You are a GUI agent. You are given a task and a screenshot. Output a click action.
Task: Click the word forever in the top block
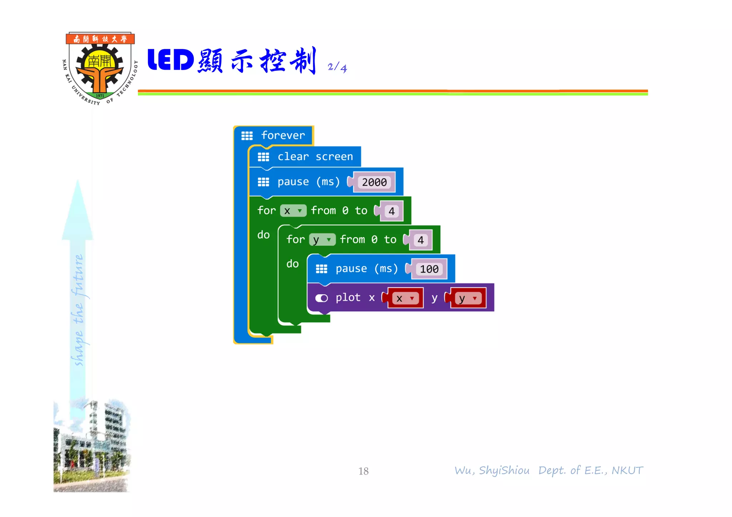(x=283, y=135)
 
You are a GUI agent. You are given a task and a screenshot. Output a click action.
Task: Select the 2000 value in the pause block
(x=374, y=182)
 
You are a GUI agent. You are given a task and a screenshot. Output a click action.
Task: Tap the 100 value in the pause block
(x=429, y=269)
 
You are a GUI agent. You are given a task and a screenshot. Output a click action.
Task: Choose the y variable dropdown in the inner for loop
(x=322, y=240)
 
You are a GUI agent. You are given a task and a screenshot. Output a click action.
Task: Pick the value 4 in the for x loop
(x=391, y=211)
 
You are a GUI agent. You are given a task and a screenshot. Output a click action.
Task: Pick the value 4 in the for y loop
(x=420, y=240)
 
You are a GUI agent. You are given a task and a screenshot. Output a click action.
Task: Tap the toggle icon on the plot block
(x=321, y=298)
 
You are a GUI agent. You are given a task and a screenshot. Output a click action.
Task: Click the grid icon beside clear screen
(x=263, y=157)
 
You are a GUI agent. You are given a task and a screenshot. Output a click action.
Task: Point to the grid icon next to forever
(x=247, y=136)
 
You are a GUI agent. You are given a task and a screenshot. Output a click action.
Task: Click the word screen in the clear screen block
(x=334, y=157)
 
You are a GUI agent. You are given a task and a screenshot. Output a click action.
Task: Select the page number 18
(x=363, y=471)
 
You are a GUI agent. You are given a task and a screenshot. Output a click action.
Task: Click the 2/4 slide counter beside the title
(x=337, y=67)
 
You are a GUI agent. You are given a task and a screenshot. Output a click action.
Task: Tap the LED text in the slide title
(x=170, y=60)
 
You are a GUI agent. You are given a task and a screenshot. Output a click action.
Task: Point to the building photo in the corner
(x=91, y=446)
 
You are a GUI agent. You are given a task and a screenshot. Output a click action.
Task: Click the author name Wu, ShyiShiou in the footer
(x=492, y=471)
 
